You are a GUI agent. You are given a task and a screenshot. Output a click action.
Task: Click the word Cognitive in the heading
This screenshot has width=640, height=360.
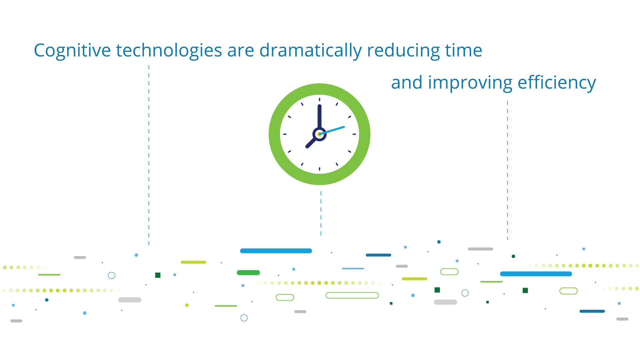72,51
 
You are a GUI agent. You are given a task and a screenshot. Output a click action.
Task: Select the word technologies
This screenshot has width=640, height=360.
169,51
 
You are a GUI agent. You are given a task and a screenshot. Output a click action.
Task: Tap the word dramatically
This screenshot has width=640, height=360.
311,51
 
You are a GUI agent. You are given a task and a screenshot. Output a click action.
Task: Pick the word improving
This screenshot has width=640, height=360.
470,83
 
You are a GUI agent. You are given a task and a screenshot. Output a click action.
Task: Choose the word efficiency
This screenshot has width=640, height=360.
557,83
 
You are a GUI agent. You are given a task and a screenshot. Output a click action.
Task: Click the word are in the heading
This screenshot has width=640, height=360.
241,52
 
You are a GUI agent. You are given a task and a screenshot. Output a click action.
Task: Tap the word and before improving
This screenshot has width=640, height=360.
407,82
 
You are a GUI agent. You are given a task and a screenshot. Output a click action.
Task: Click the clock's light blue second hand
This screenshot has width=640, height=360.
332,130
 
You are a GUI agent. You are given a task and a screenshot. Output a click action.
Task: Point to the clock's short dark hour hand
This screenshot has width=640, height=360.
312,142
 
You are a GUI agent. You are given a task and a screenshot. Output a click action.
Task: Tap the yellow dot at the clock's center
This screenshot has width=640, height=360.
319,134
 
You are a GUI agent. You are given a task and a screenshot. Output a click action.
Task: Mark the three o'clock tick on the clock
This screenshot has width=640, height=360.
354,134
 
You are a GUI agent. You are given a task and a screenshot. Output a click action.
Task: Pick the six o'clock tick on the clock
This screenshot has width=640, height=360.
319,169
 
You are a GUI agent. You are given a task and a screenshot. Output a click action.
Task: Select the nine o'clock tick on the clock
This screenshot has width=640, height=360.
285,134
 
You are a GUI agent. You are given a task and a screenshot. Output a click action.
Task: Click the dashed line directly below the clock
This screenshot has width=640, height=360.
321,213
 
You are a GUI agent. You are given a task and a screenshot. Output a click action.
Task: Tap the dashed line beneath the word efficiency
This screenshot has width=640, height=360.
508,170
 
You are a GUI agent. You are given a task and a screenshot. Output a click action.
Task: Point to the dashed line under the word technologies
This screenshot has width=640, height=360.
149,155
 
